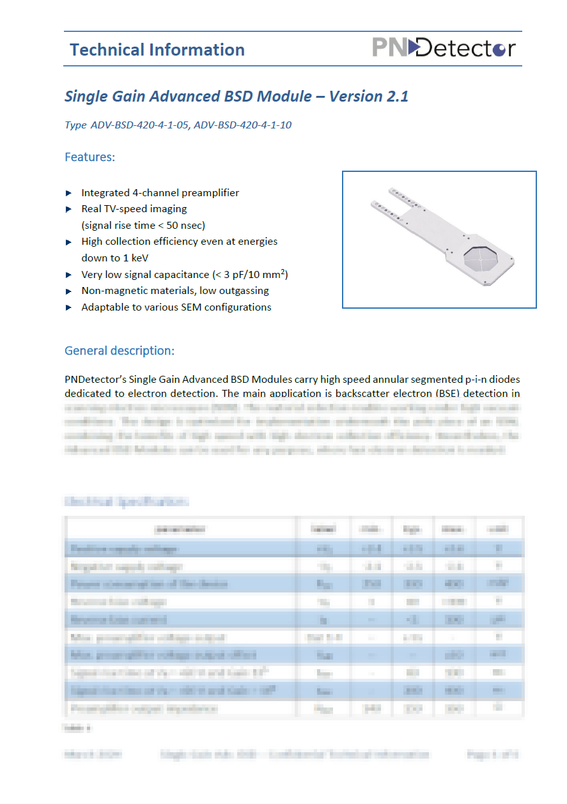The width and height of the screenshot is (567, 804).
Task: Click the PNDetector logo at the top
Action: click(444, 48)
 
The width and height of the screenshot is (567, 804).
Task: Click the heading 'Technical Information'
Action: click(157, 50)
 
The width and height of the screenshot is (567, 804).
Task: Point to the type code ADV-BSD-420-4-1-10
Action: click(243, 125)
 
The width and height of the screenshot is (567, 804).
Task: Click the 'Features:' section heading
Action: click(90, 157)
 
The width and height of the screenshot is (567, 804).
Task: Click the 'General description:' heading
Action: click(120, 351)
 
